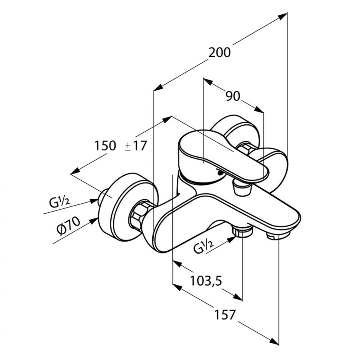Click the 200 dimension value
click(220, 52)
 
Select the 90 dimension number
click(233, 96)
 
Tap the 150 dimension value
click(105, 146)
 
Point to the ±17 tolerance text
click(136, 146)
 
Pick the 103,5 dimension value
click(206, 280)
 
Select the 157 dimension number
click(225, 314)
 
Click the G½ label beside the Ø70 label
click(60, 202)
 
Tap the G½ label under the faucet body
click(204, 246)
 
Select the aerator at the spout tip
click(278, 236)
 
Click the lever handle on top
click(223, 156)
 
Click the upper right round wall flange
click(236, 133)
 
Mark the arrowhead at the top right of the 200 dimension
click(283, 16)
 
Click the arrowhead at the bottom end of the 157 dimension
click(274, 347)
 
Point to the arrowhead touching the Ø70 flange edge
click(94, 221)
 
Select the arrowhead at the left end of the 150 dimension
click(75, 171)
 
